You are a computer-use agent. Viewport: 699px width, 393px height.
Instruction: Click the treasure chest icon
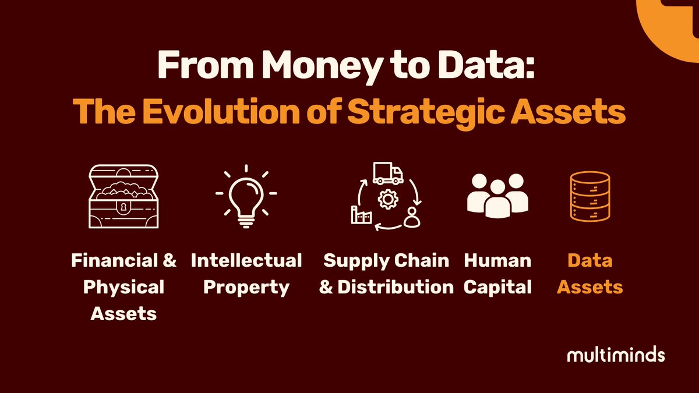pyautogui.click(x=123, y=196)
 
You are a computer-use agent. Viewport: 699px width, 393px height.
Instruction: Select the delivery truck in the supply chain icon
pyautogui.click(x=387, y=174)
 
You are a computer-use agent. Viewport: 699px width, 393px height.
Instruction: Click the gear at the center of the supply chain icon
pyautogui.click(x=386, y=199)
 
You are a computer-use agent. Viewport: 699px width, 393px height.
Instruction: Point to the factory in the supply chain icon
pyautogui.click(x=361, y=215)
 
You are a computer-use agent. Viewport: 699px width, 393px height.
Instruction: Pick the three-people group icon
pyautogui.click(x=497, y=196)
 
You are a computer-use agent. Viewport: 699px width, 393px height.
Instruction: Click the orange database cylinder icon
pyautogui.click(x=589, y=196)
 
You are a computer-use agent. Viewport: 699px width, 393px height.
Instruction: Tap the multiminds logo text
pyautogui.click(x=616, y=355)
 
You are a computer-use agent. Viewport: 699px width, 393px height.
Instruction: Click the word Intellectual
pyautogui.click(x=246, y=260)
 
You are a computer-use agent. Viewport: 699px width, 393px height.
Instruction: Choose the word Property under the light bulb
pyautogui.click(x=246, y=287)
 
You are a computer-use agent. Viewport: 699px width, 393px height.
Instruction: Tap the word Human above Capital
pyautogui.click(x=497, y=260)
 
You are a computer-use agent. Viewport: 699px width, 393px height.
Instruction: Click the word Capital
pyautogui.click(x=497, y=287)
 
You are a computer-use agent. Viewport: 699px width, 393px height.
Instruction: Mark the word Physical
pyautogui.click(x=123, y=287)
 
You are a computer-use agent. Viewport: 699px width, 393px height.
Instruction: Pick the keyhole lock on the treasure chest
pyautogui.click(x=123, y=207)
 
